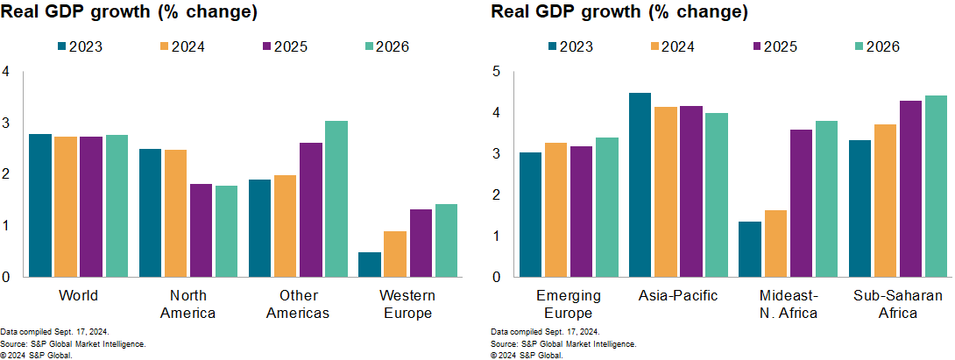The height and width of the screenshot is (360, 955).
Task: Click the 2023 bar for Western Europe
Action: tap(370, 265)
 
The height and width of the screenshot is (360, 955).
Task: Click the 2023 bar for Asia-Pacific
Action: tap(640, 185)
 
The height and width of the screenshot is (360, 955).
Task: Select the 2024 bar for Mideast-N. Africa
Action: tap(775, 244)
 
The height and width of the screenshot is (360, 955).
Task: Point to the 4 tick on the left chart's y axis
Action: tap(6, 71)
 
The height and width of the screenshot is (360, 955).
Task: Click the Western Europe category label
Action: tap(407, 303)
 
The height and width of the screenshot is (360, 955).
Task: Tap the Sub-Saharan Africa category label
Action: tap(898, 303)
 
